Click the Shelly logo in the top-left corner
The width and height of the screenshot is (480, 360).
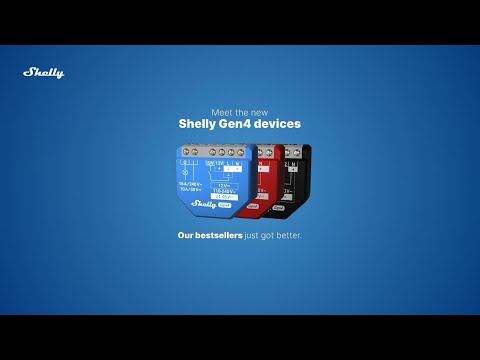[43, 72]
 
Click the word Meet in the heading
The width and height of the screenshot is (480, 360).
[223, 112]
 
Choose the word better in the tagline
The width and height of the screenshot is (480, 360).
[288, 236]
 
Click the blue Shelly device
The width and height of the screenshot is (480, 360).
[211, 180]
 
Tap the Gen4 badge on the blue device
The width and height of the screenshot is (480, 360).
[225, 206]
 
